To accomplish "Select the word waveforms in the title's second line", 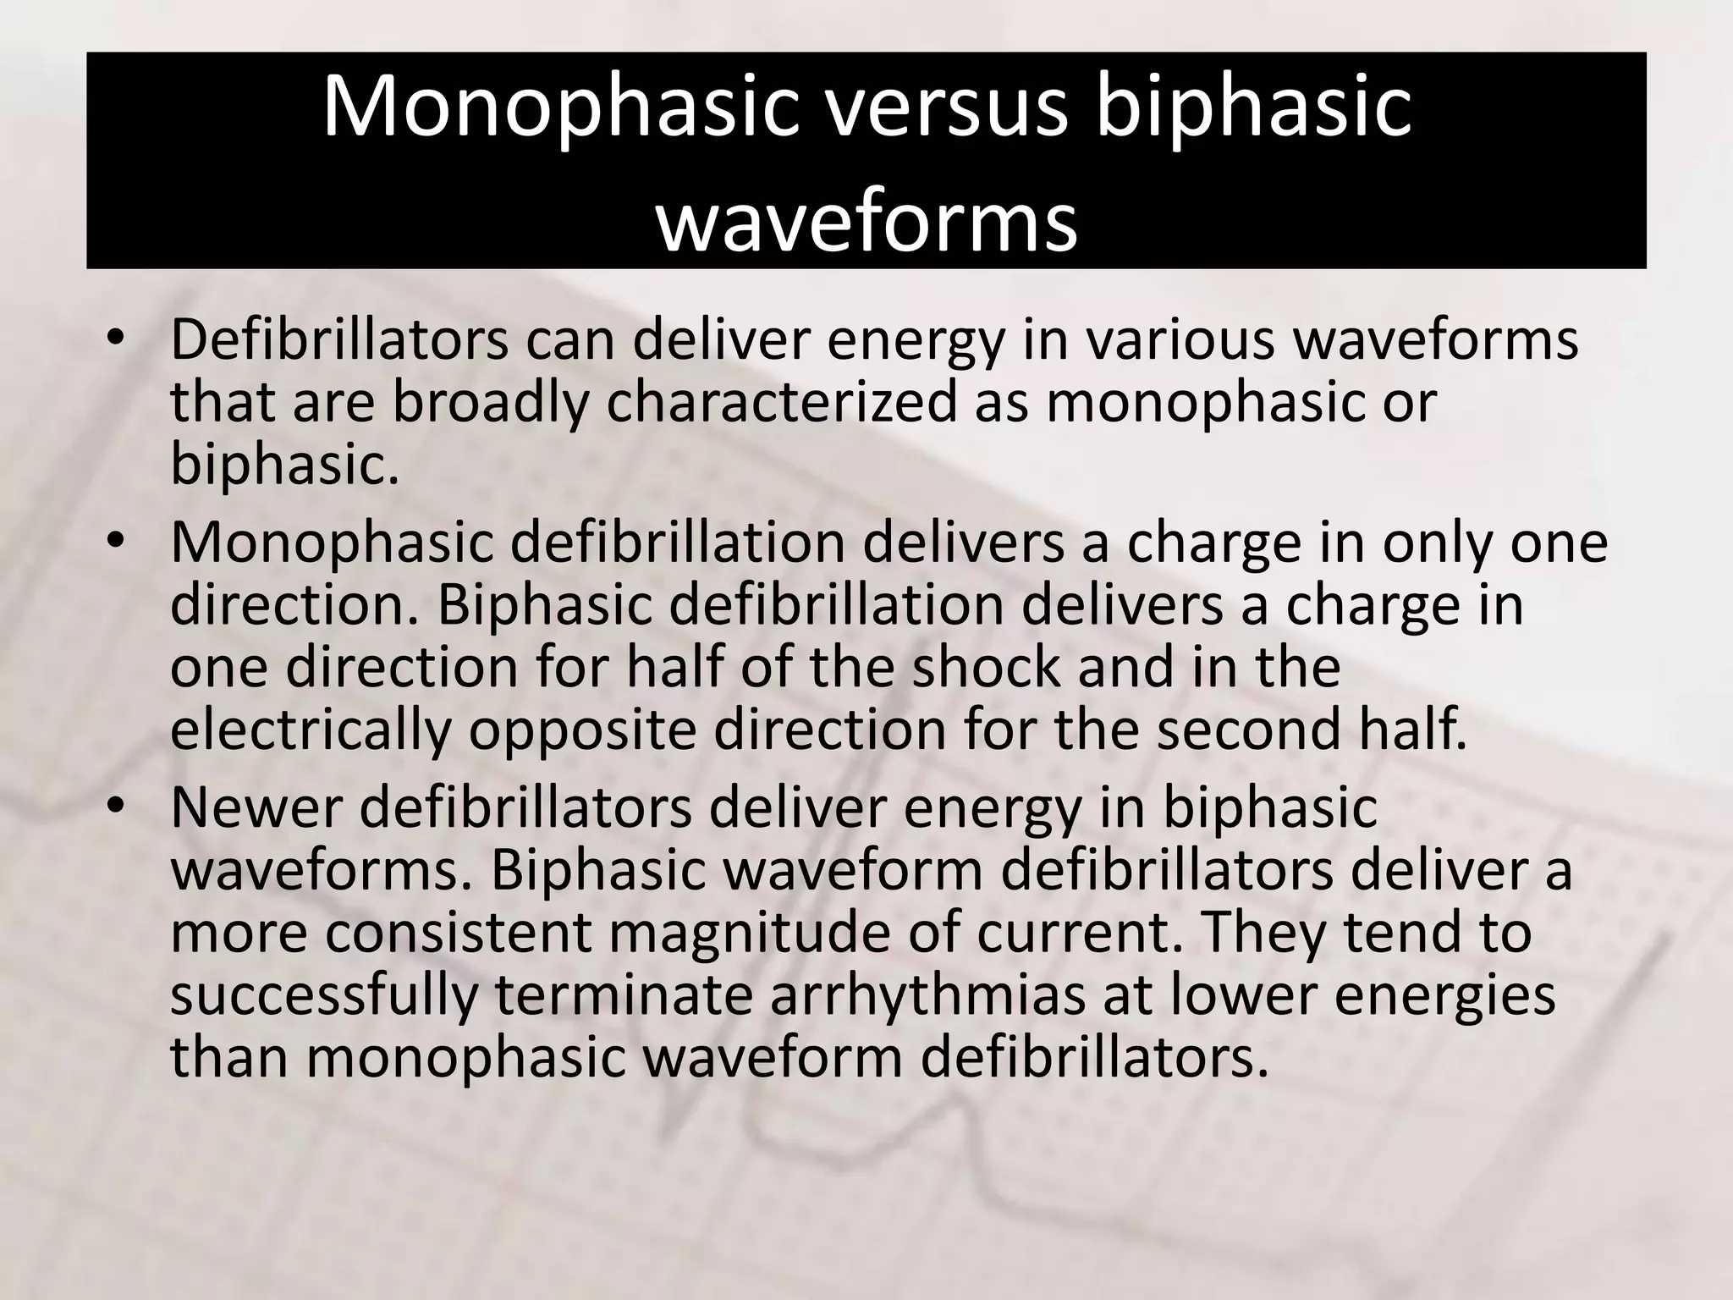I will (x=866, y=222).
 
